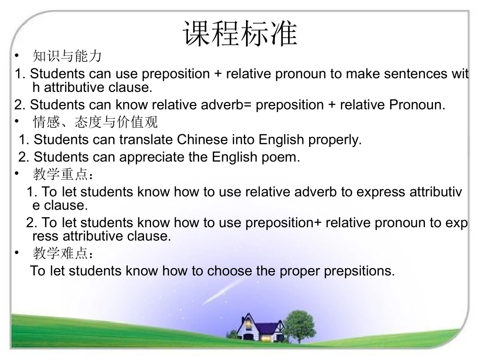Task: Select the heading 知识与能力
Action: [x=67, y=56]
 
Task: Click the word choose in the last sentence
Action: [x=227, y=271]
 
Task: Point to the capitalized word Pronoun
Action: [x=417, y=105]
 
